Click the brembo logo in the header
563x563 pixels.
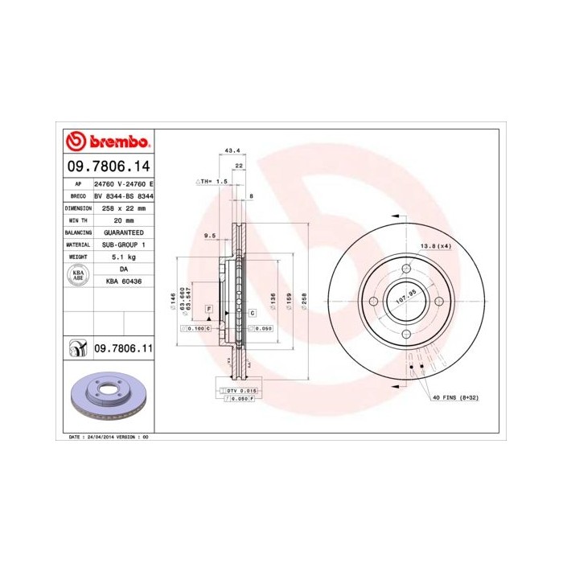click(x=106, y=142)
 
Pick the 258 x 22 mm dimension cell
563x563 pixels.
click(x=124, y=208)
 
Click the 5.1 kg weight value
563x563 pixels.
click(x=124, y=256)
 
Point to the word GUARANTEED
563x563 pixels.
click(x=124, y=232)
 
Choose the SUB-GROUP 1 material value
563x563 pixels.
click(x=124, y=244)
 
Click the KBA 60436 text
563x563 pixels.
click(x=124, y=281)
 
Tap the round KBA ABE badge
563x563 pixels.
click(x=79, y=275)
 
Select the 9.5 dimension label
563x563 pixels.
click(x=211, y=236)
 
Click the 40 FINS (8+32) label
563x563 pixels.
click(x=455, y=398)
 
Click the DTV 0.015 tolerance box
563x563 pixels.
click(x=239, y=390)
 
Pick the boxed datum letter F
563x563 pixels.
click(x=208, y=309)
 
